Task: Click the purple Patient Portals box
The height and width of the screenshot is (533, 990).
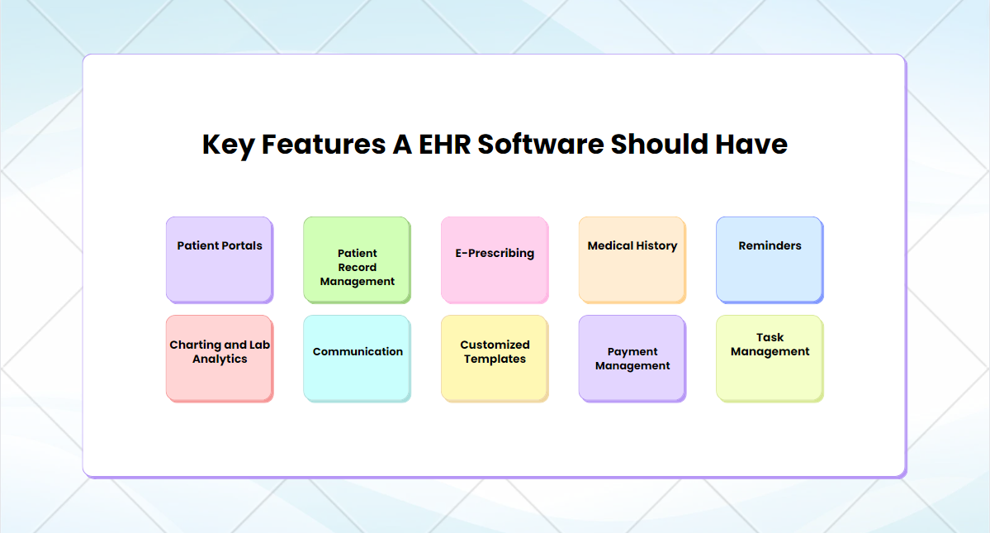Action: (219, 259)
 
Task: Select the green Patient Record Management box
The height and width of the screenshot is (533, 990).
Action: (357, 260)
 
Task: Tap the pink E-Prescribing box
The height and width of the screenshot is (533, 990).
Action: (495, 259)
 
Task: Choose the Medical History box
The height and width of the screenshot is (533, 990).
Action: (632, 259)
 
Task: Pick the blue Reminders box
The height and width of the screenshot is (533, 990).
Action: (770, 259)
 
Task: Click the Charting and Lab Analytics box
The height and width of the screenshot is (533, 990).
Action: (219, 358)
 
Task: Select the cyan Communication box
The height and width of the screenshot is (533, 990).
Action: (357, 358)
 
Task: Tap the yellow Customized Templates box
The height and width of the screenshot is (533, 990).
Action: (495, 358)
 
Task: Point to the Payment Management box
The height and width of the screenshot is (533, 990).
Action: (632, 358)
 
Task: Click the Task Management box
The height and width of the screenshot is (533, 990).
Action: (770, 358)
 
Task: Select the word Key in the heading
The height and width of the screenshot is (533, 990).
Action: (229, 145)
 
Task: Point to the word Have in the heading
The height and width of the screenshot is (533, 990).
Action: (752, 145)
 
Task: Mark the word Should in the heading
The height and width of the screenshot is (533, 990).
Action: (660, 145)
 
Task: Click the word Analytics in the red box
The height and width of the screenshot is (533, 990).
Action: (220, 359)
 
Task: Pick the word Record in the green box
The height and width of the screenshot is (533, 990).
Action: (358, 268)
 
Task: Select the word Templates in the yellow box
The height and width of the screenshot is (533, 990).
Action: (495, 359)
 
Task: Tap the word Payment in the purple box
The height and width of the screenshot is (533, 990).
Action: (632, 352)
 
